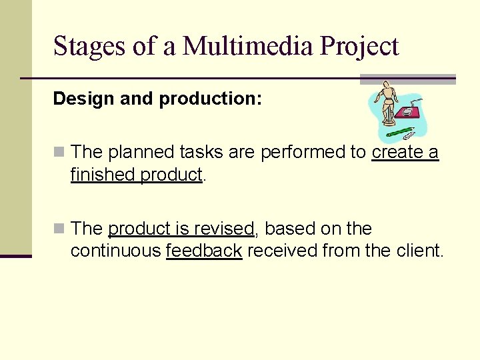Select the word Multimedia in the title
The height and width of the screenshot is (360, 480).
(x=249, y=47)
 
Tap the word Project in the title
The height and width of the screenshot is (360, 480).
(x=359, y=47)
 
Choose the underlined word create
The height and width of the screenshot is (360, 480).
(x=397, y=153)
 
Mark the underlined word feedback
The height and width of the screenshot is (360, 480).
(x=203, y=251)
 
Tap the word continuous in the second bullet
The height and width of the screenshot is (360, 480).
(x=115, y=251)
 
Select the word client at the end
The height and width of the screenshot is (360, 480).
(x=421, y=251)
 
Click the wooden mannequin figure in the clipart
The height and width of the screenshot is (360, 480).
(x=387, y=104)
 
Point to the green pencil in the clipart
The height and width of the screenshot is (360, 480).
(x=400, y=131)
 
